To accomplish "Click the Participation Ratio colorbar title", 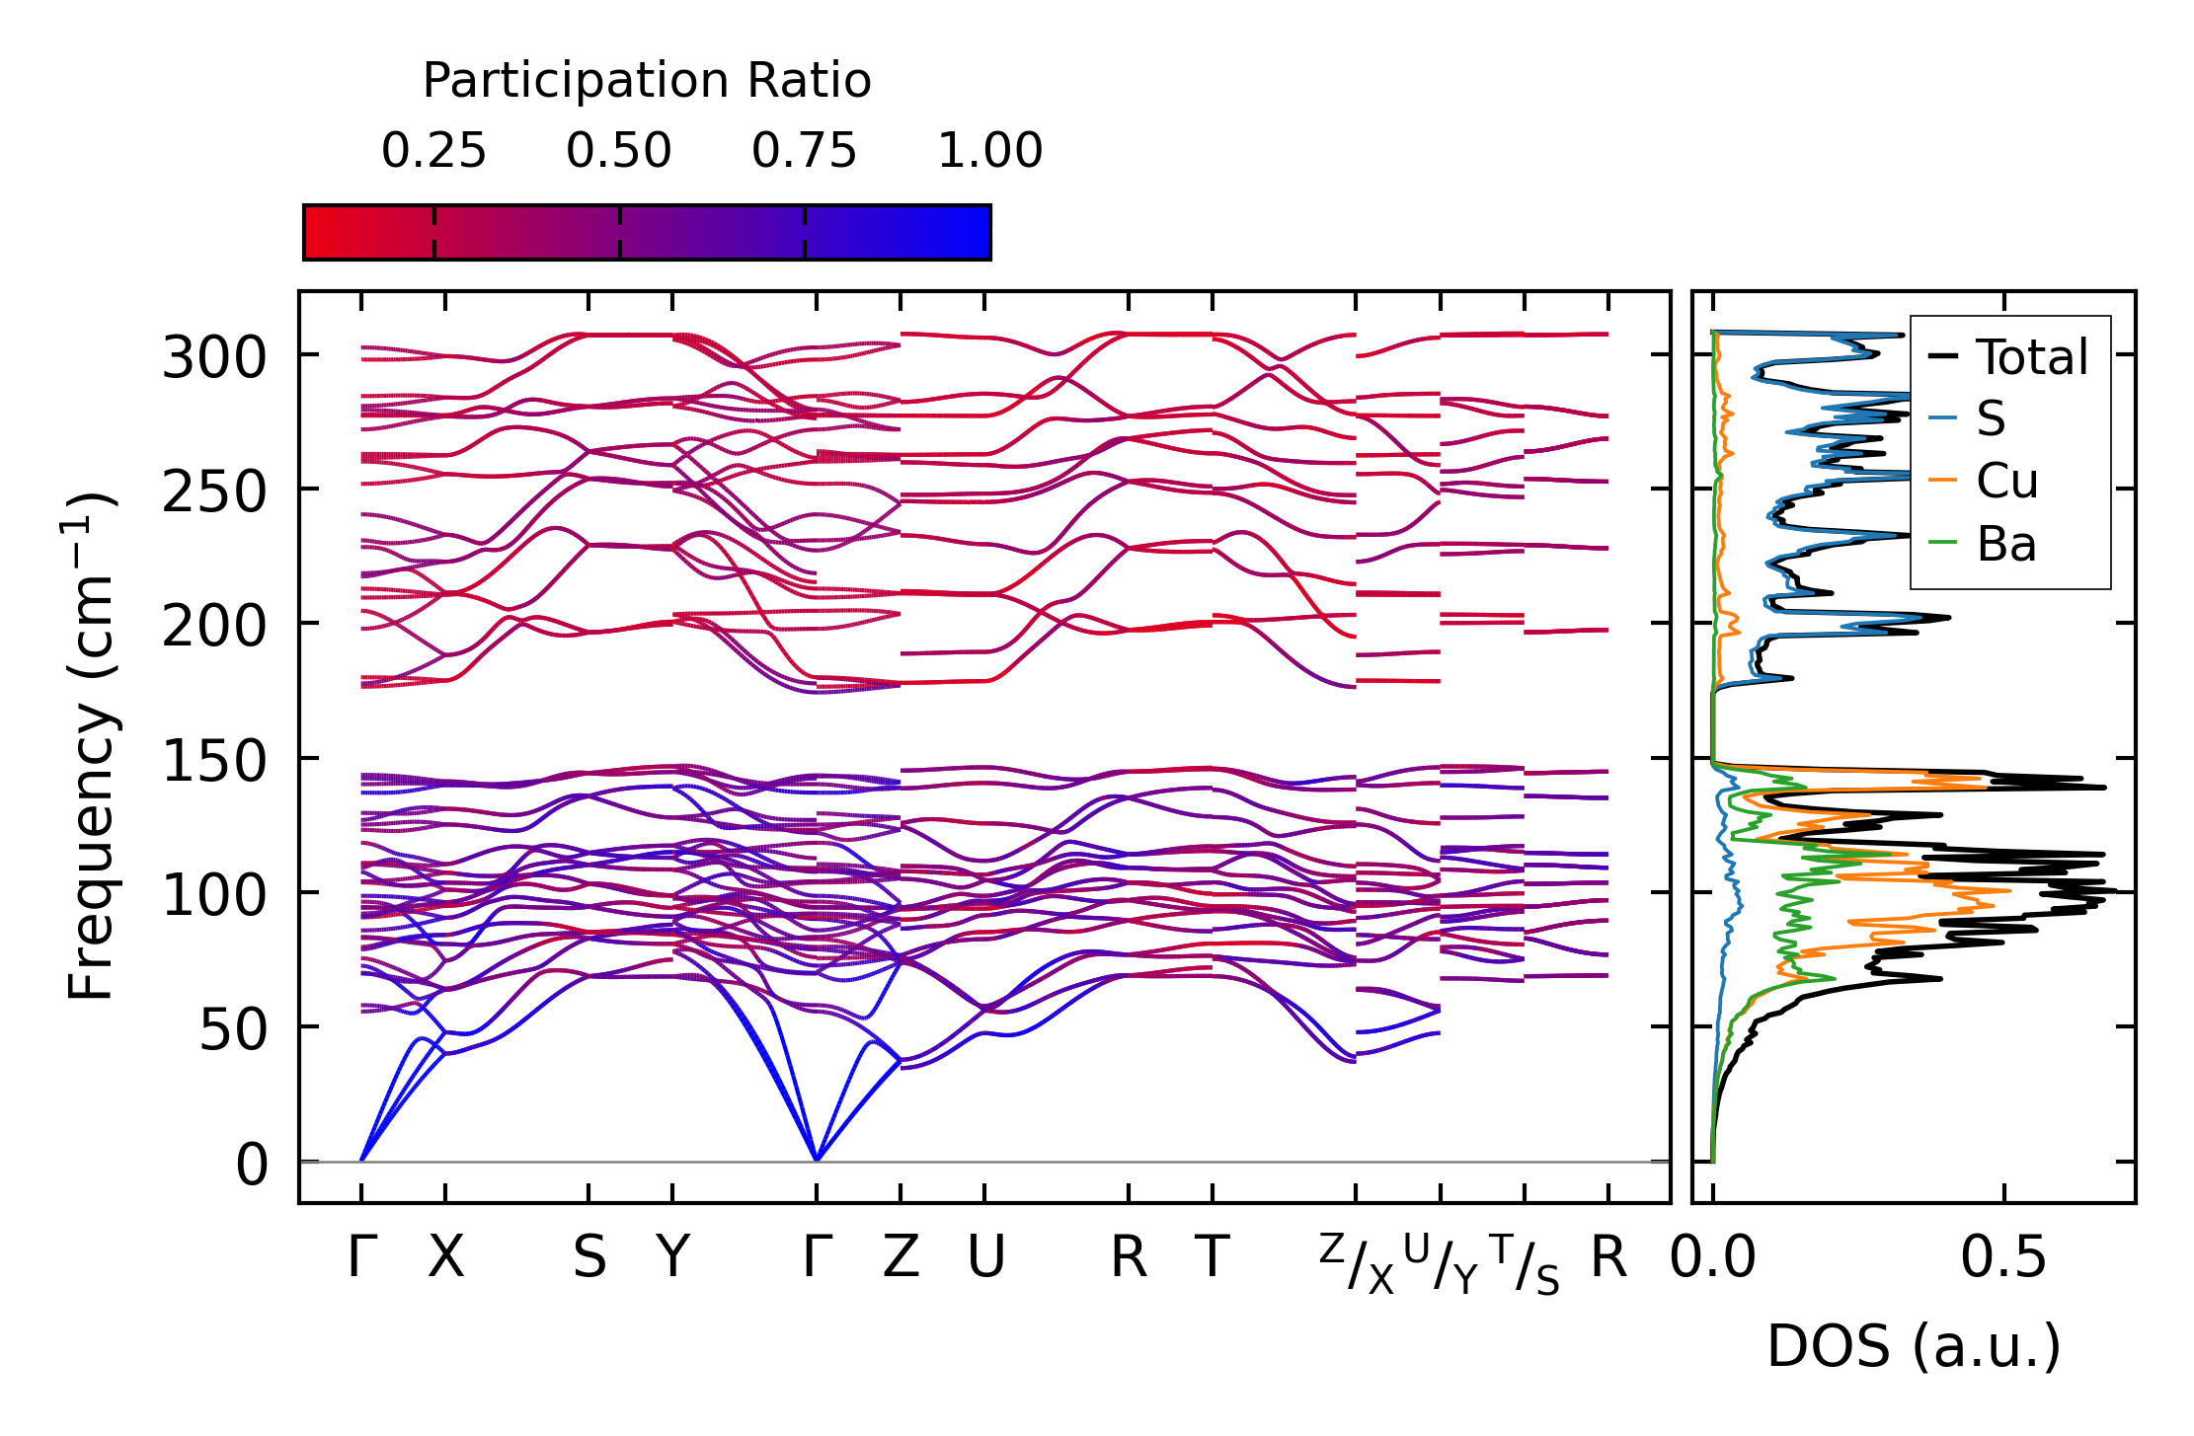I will point(647,81).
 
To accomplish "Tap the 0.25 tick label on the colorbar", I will point(433,151).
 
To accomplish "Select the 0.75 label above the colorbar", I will point(804,151).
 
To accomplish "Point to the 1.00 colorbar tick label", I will point(989,151).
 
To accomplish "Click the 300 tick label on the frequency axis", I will point(214,356).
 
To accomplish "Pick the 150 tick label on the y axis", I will point(214,761).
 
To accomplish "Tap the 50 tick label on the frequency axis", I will point(233,1030).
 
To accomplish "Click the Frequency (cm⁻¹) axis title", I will point(91,747).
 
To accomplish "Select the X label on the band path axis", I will point(445,1258).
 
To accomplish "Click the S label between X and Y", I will point(589,1258).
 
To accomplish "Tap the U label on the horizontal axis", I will point(985,1258).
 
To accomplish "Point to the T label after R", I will point(1213,1258).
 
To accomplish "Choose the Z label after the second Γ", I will point(901,1258).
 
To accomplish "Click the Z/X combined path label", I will point(1356,1264).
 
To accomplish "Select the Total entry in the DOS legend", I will point(2031,356).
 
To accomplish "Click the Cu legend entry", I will point(2006,481).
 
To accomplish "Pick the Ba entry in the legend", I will point(2005,544).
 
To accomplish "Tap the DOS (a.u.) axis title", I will point(1914,1346).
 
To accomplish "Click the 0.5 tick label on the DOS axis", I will point(2003,1258).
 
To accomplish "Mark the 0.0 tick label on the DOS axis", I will point(1713,1258).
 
